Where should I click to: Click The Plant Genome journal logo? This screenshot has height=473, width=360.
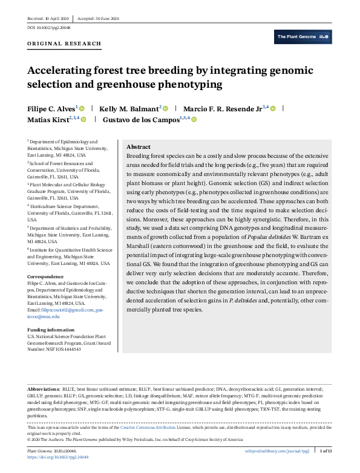coord(303,37)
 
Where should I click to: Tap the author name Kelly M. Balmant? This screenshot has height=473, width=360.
coord(128,108)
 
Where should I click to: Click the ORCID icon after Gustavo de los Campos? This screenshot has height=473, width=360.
coord(194,120)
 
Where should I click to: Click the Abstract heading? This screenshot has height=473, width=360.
coord(138,147)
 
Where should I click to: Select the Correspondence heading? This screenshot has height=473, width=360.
coord(46,277)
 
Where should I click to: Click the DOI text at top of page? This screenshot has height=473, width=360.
coord(48,28)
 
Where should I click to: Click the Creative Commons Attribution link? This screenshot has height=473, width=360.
coord(142,428)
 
